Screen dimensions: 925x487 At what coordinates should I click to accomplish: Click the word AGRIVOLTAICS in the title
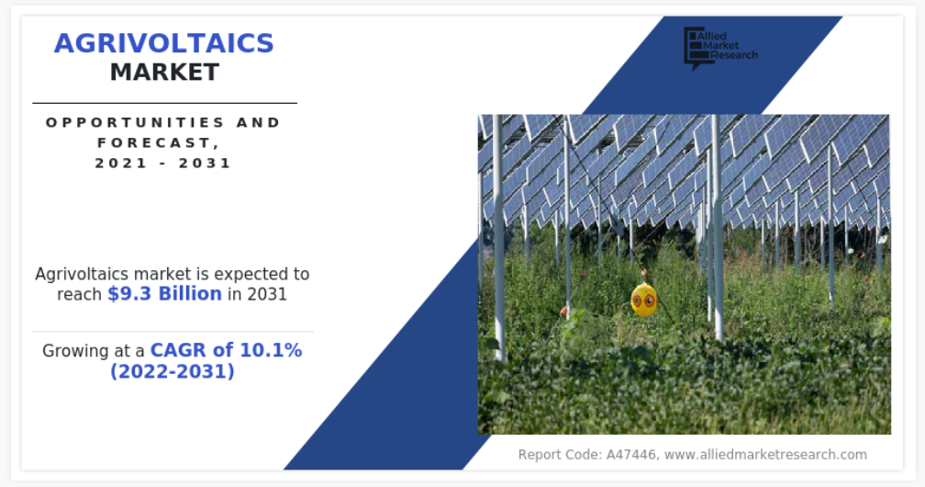164,43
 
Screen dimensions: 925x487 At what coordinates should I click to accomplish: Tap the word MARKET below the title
164,72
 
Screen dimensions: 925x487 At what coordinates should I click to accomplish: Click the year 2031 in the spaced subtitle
205,163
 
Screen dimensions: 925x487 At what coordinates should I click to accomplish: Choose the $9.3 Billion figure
164,294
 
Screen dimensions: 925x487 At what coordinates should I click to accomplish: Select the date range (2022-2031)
173,371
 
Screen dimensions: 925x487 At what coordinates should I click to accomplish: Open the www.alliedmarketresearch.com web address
765,455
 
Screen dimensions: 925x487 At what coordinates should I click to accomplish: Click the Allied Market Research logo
720,47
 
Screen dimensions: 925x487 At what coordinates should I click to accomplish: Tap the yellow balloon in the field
643,299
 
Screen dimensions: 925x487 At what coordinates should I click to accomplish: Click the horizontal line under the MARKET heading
164,103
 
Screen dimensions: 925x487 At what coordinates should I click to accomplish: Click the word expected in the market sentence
244,275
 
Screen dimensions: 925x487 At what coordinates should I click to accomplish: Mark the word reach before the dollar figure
79,294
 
